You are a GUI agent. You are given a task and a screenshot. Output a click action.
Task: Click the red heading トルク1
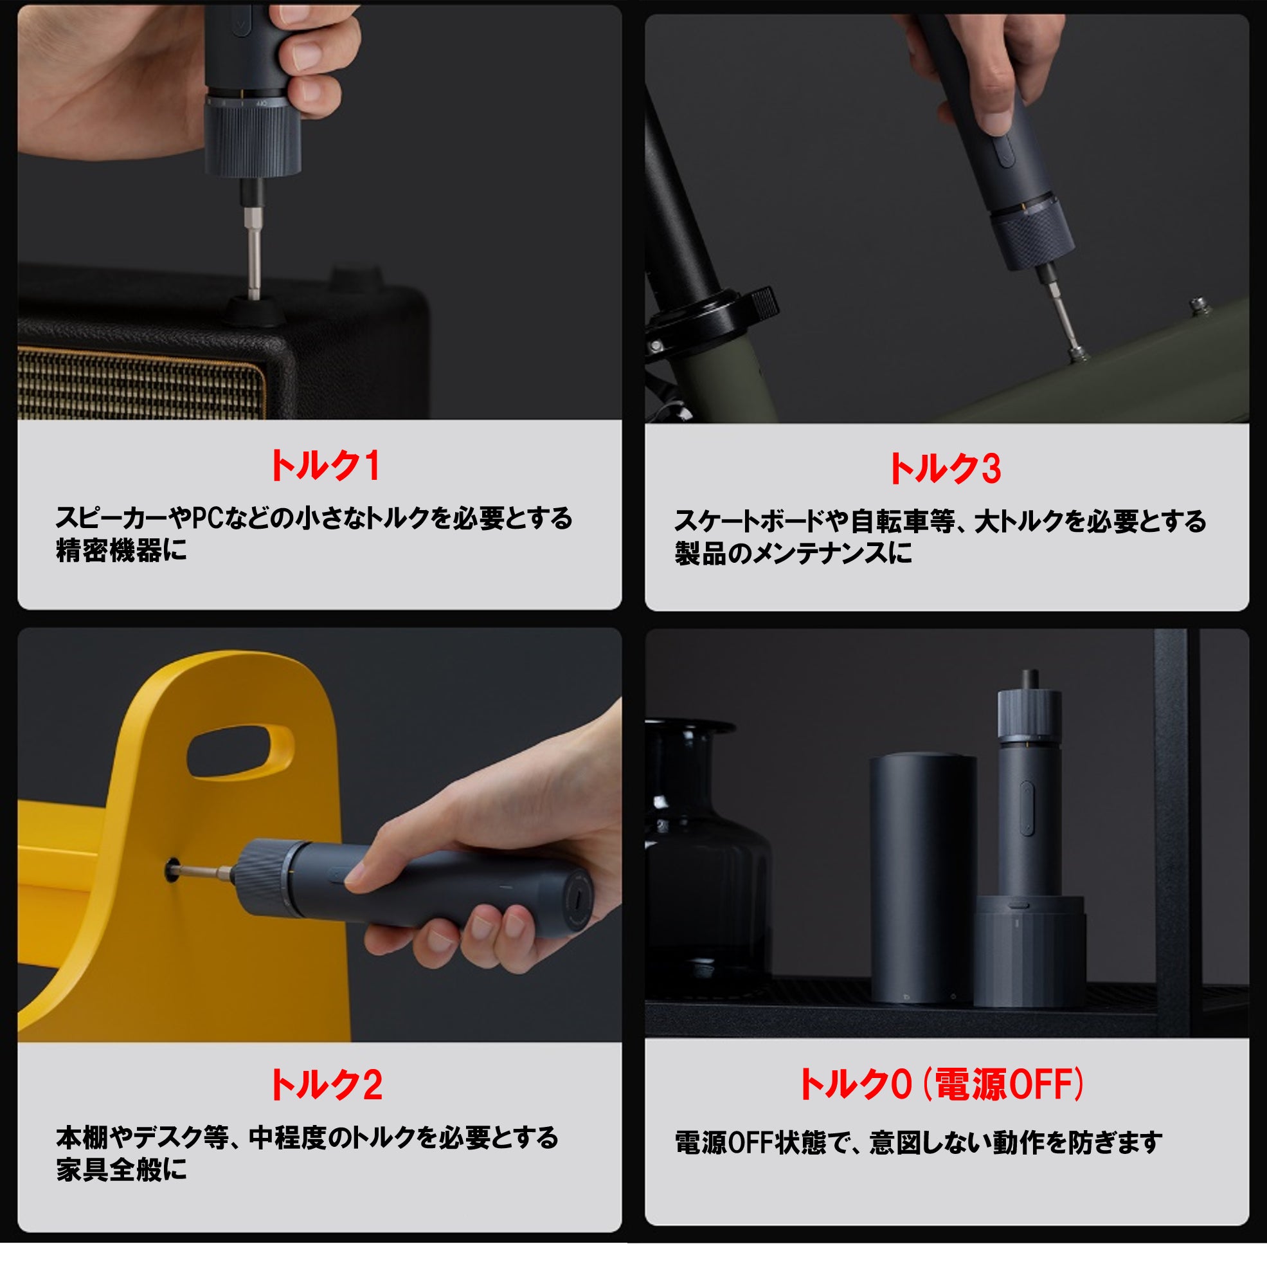pos(325,466)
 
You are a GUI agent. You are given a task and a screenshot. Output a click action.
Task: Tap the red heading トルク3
pos(944,469)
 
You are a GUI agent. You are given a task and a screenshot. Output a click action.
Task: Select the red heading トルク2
pos(326,1085)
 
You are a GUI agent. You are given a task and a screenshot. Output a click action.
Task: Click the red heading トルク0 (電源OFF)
pos(941,1084)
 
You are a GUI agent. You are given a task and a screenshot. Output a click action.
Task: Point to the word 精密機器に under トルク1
pos(121,551)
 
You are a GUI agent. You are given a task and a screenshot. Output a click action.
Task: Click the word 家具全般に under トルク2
pos(121,1169)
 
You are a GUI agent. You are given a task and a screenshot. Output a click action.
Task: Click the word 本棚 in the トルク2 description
pos(82,1137)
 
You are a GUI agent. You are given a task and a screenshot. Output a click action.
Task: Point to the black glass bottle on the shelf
pos(703,855)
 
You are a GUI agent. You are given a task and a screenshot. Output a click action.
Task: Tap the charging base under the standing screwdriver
pos(1029,951)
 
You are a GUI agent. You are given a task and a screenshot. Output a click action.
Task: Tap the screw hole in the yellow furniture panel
pos(172,870)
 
